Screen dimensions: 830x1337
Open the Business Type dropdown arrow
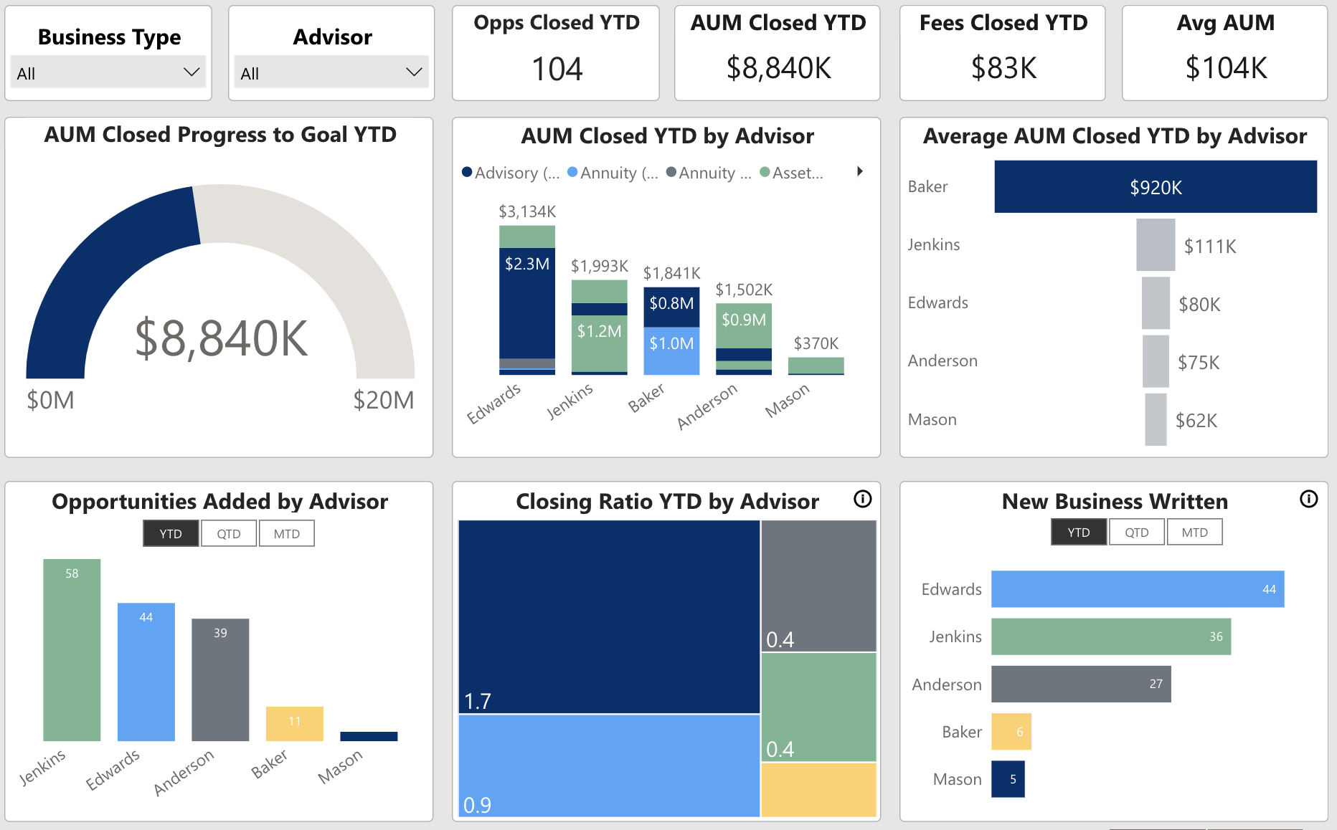click(x=191, y=72)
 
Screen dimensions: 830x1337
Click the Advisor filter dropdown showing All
click(x=331, y=72)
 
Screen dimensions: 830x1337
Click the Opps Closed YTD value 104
click(x=557, y=70)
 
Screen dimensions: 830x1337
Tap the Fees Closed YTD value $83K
click(x=1003, y=69)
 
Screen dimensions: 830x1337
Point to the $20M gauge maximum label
click(x=383, y=400)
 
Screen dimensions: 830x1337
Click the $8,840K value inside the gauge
click(x=221, y=338)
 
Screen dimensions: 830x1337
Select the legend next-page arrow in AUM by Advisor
click(x=859, y=171)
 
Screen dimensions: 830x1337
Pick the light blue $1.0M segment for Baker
click(x=671, y=351)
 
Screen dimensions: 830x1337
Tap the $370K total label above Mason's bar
click(x=816, y=343)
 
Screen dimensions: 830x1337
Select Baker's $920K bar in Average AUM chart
click(x=1155, y=187)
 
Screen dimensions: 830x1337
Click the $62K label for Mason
click(x=1196, y=421)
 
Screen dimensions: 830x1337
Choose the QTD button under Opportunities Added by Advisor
click(x=229, y=534)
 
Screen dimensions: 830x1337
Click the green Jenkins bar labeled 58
click(x=72, y=649)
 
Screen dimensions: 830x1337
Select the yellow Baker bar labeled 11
click(x=294, y=724)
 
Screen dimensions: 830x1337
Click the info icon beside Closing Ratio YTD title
click(x=862, y=499)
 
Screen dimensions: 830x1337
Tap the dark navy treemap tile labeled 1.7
click(x=608, y=616)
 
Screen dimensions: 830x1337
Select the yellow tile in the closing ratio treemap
click(x=818, y=789)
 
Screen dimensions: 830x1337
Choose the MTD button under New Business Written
click(x=1194, y=533)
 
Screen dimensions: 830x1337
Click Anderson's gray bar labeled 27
click(x=1080, y=684)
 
